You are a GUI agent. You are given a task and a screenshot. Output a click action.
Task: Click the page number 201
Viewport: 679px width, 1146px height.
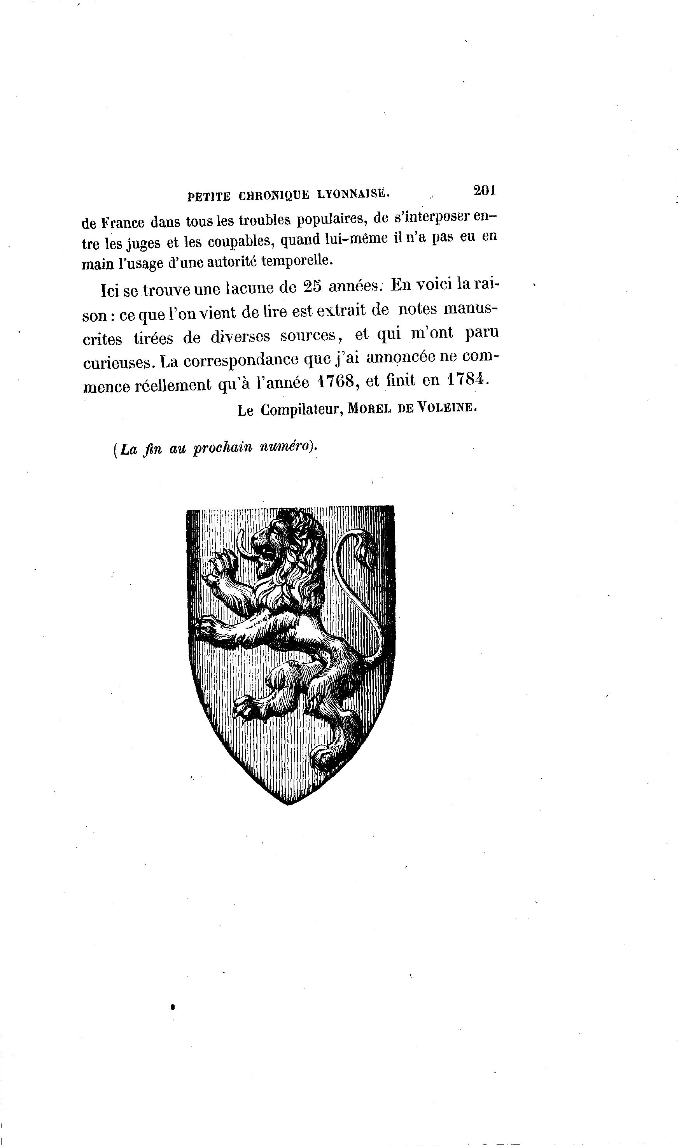point(485,190)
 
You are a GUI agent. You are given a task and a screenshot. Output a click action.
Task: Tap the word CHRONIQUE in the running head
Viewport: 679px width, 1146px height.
point(274,195)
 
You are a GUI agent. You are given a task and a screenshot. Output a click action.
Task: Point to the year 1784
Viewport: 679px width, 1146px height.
point(467,379)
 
